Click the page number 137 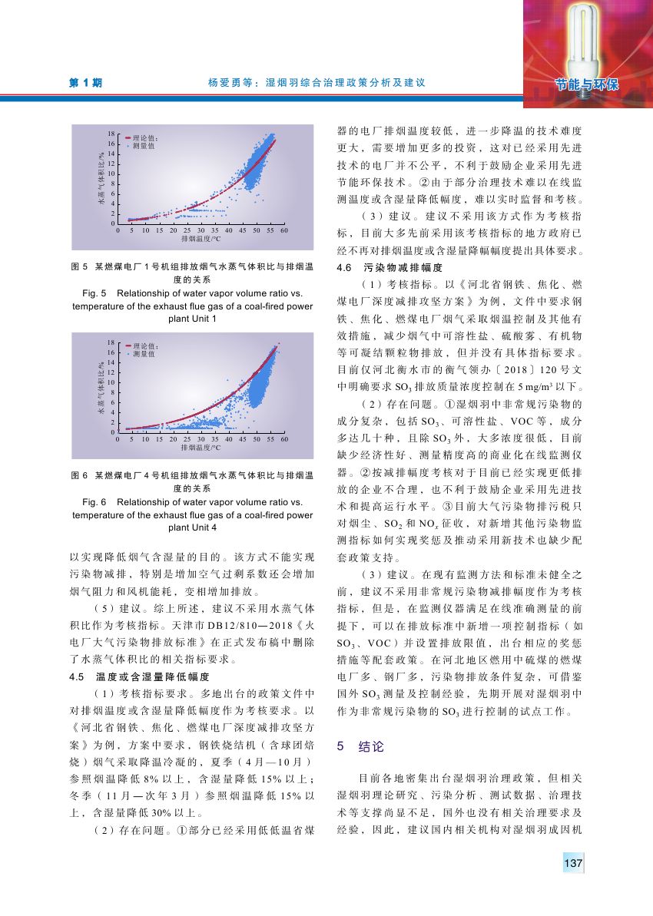click(x=574, y=864)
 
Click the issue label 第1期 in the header click(x=87, y=81)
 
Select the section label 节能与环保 click(x=588, y=83)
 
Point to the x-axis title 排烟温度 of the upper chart click(x=201, y=240)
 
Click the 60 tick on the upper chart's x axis click(x=284, y=230)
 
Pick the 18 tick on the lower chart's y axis click(x=112, y=342)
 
